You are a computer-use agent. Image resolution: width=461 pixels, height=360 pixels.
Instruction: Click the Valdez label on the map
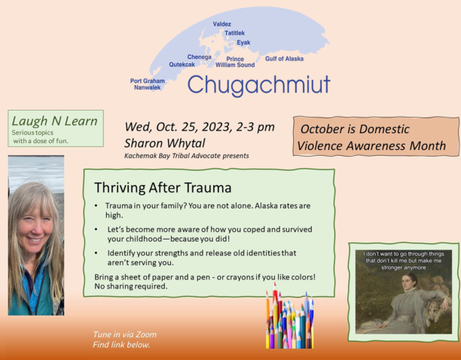pos(222,24)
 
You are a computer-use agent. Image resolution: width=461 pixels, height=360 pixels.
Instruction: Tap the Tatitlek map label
pos(234,33)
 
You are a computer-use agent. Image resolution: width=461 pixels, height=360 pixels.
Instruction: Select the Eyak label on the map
pos(244,43)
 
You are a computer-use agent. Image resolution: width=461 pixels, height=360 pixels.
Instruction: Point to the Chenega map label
pos(200,57)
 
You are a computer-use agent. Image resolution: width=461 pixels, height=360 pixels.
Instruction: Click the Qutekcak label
pos(182,64)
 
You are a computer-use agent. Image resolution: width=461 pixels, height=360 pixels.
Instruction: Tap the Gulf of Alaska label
pos(284,59)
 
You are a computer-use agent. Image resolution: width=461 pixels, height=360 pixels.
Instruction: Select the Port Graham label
pos(148,81)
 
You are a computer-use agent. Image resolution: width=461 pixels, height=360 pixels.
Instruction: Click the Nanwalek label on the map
pos(148,87)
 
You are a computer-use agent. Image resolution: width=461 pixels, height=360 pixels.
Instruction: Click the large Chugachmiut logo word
pos(259,85)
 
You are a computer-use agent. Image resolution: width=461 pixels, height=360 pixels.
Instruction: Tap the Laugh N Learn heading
pos(54,121)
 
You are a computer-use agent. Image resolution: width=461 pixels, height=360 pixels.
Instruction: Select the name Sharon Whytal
pos(165,143)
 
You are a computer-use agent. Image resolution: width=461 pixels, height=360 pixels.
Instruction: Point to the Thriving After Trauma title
pos(163,188)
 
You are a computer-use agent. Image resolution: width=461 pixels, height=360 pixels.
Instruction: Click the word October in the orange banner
pos(322,129)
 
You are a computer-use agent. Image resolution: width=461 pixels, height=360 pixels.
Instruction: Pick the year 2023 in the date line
pos(216,127)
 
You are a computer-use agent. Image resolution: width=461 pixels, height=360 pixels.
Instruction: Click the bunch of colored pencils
pos(289,317)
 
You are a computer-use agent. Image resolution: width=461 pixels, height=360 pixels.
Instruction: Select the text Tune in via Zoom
pos(124,334)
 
